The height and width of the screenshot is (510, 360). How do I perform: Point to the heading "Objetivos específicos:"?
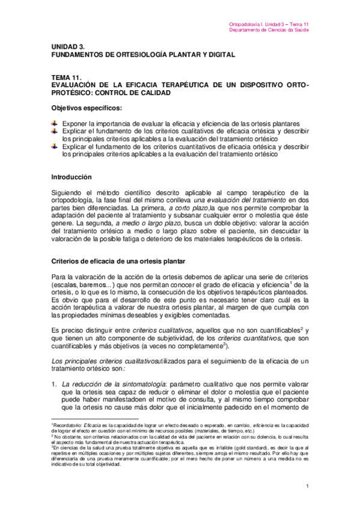point(86,108)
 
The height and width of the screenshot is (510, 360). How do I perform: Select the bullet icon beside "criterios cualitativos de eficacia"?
point(55,132)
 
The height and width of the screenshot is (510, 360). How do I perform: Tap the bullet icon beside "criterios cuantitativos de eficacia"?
point(55,147)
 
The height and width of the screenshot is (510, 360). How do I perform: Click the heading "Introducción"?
point(71,177)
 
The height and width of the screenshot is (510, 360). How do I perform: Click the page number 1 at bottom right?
point(307,486)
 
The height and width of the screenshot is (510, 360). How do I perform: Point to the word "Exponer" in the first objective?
point(76,124)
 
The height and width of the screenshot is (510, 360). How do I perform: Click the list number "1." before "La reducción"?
point(53,383)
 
